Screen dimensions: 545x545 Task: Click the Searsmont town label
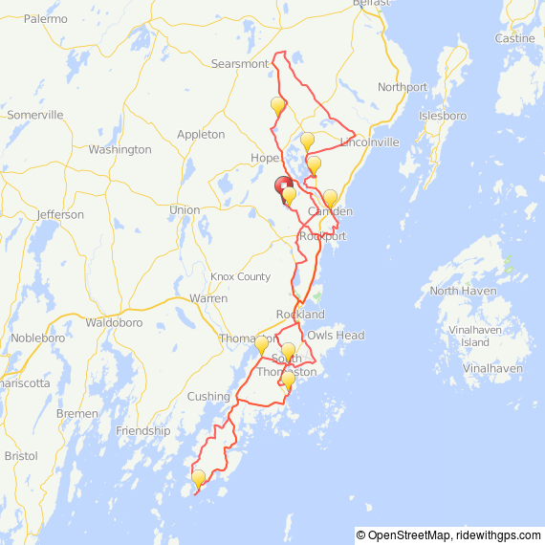240,64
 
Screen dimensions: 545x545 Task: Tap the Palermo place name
46,18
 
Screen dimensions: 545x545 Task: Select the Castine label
514,38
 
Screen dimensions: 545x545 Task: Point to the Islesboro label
443,116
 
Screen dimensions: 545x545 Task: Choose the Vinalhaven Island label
475,336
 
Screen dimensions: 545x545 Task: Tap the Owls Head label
336,336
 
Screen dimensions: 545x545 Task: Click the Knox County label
241,277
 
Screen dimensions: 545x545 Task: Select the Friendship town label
142,431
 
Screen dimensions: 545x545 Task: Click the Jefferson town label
60,215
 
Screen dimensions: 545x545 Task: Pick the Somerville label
35,115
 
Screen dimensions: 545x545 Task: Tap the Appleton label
201,135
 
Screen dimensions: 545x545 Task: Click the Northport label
403,87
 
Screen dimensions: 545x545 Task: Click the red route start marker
283,185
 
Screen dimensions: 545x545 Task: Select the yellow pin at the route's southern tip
198,478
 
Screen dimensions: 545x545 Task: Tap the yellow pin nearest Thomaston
261,343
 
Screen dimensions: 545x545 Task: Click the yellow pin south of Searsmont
277,104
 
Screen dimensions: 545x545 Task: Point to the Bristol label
21,456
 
